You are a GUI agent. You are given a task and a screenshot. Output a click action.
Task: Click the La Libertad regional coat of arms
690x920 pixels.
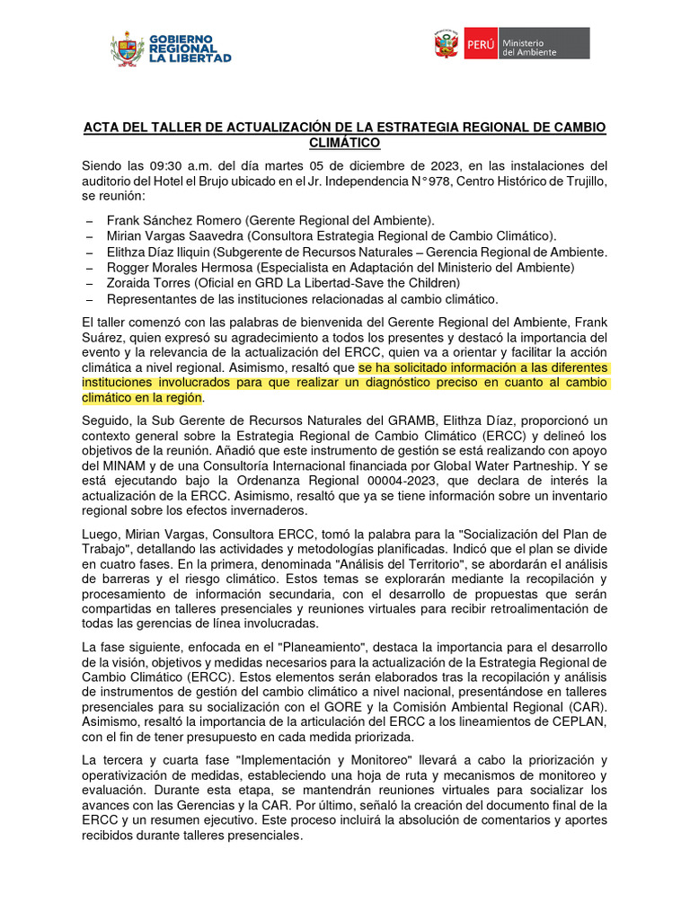coord(127,49)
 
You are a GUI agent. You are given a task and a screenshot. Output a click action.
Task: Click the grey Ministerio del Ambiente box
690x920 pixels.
coord(544,43)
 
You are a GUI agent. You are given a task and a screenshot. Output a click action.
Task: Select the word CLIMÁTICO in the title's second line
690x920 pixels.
coord(344,143)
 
